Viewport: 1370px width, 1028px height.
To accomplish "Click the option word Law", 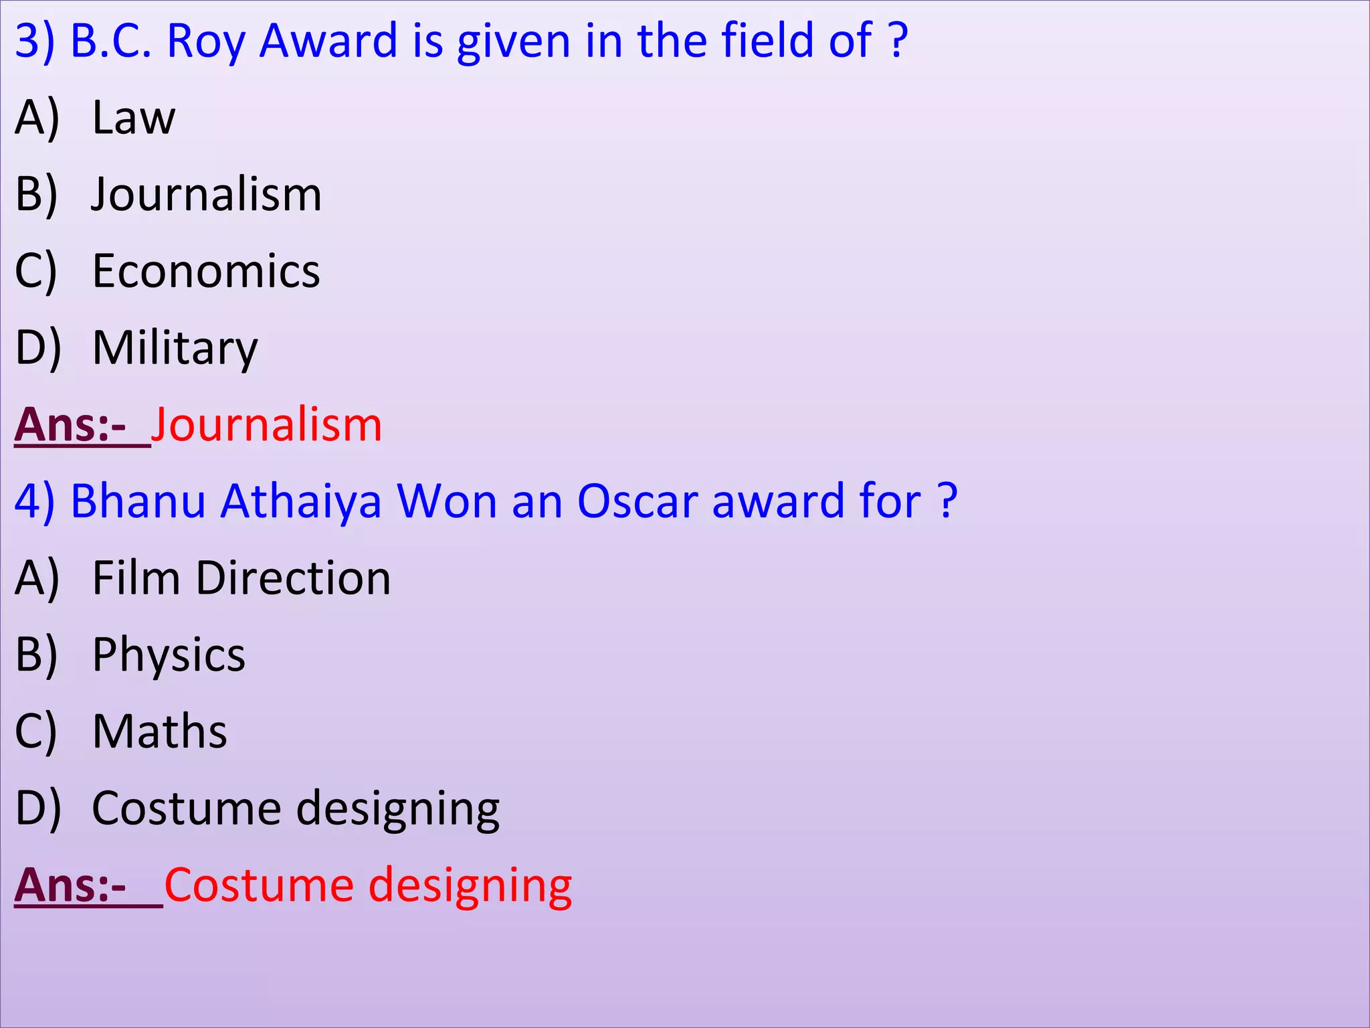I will (x=134, y=118).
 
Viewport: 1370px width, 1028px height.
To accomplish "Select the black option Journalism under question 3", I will (x=207, y=195).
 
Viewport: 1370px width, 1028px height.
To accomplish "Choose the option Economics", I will (x=206, y=272).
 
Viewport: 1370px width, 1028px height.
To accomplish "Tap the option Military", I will (x=175, y=348).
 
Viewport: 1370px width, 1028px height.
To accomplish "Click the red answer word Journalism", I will (x=267, y=425).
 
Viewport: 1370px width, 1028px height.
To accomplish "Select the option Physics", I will (x=169, y=655).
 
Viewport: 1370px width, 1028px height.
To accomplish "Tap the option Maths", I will (x=160, y=731).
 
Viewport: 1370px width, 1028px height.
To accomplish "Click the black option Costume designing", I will (x=296, y=808).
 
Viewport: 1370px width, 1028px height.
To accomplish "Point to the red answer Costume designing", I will (x=368, y=885).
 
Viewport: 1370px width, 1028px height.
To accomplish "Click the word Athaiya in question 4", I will (x=301, y=502).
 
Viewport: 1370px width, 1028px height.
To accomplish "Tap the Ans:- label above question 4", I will (x=71, y=425).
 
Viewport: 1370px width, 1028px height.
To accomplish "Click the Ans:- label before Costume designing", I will (x=71, y=885).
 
